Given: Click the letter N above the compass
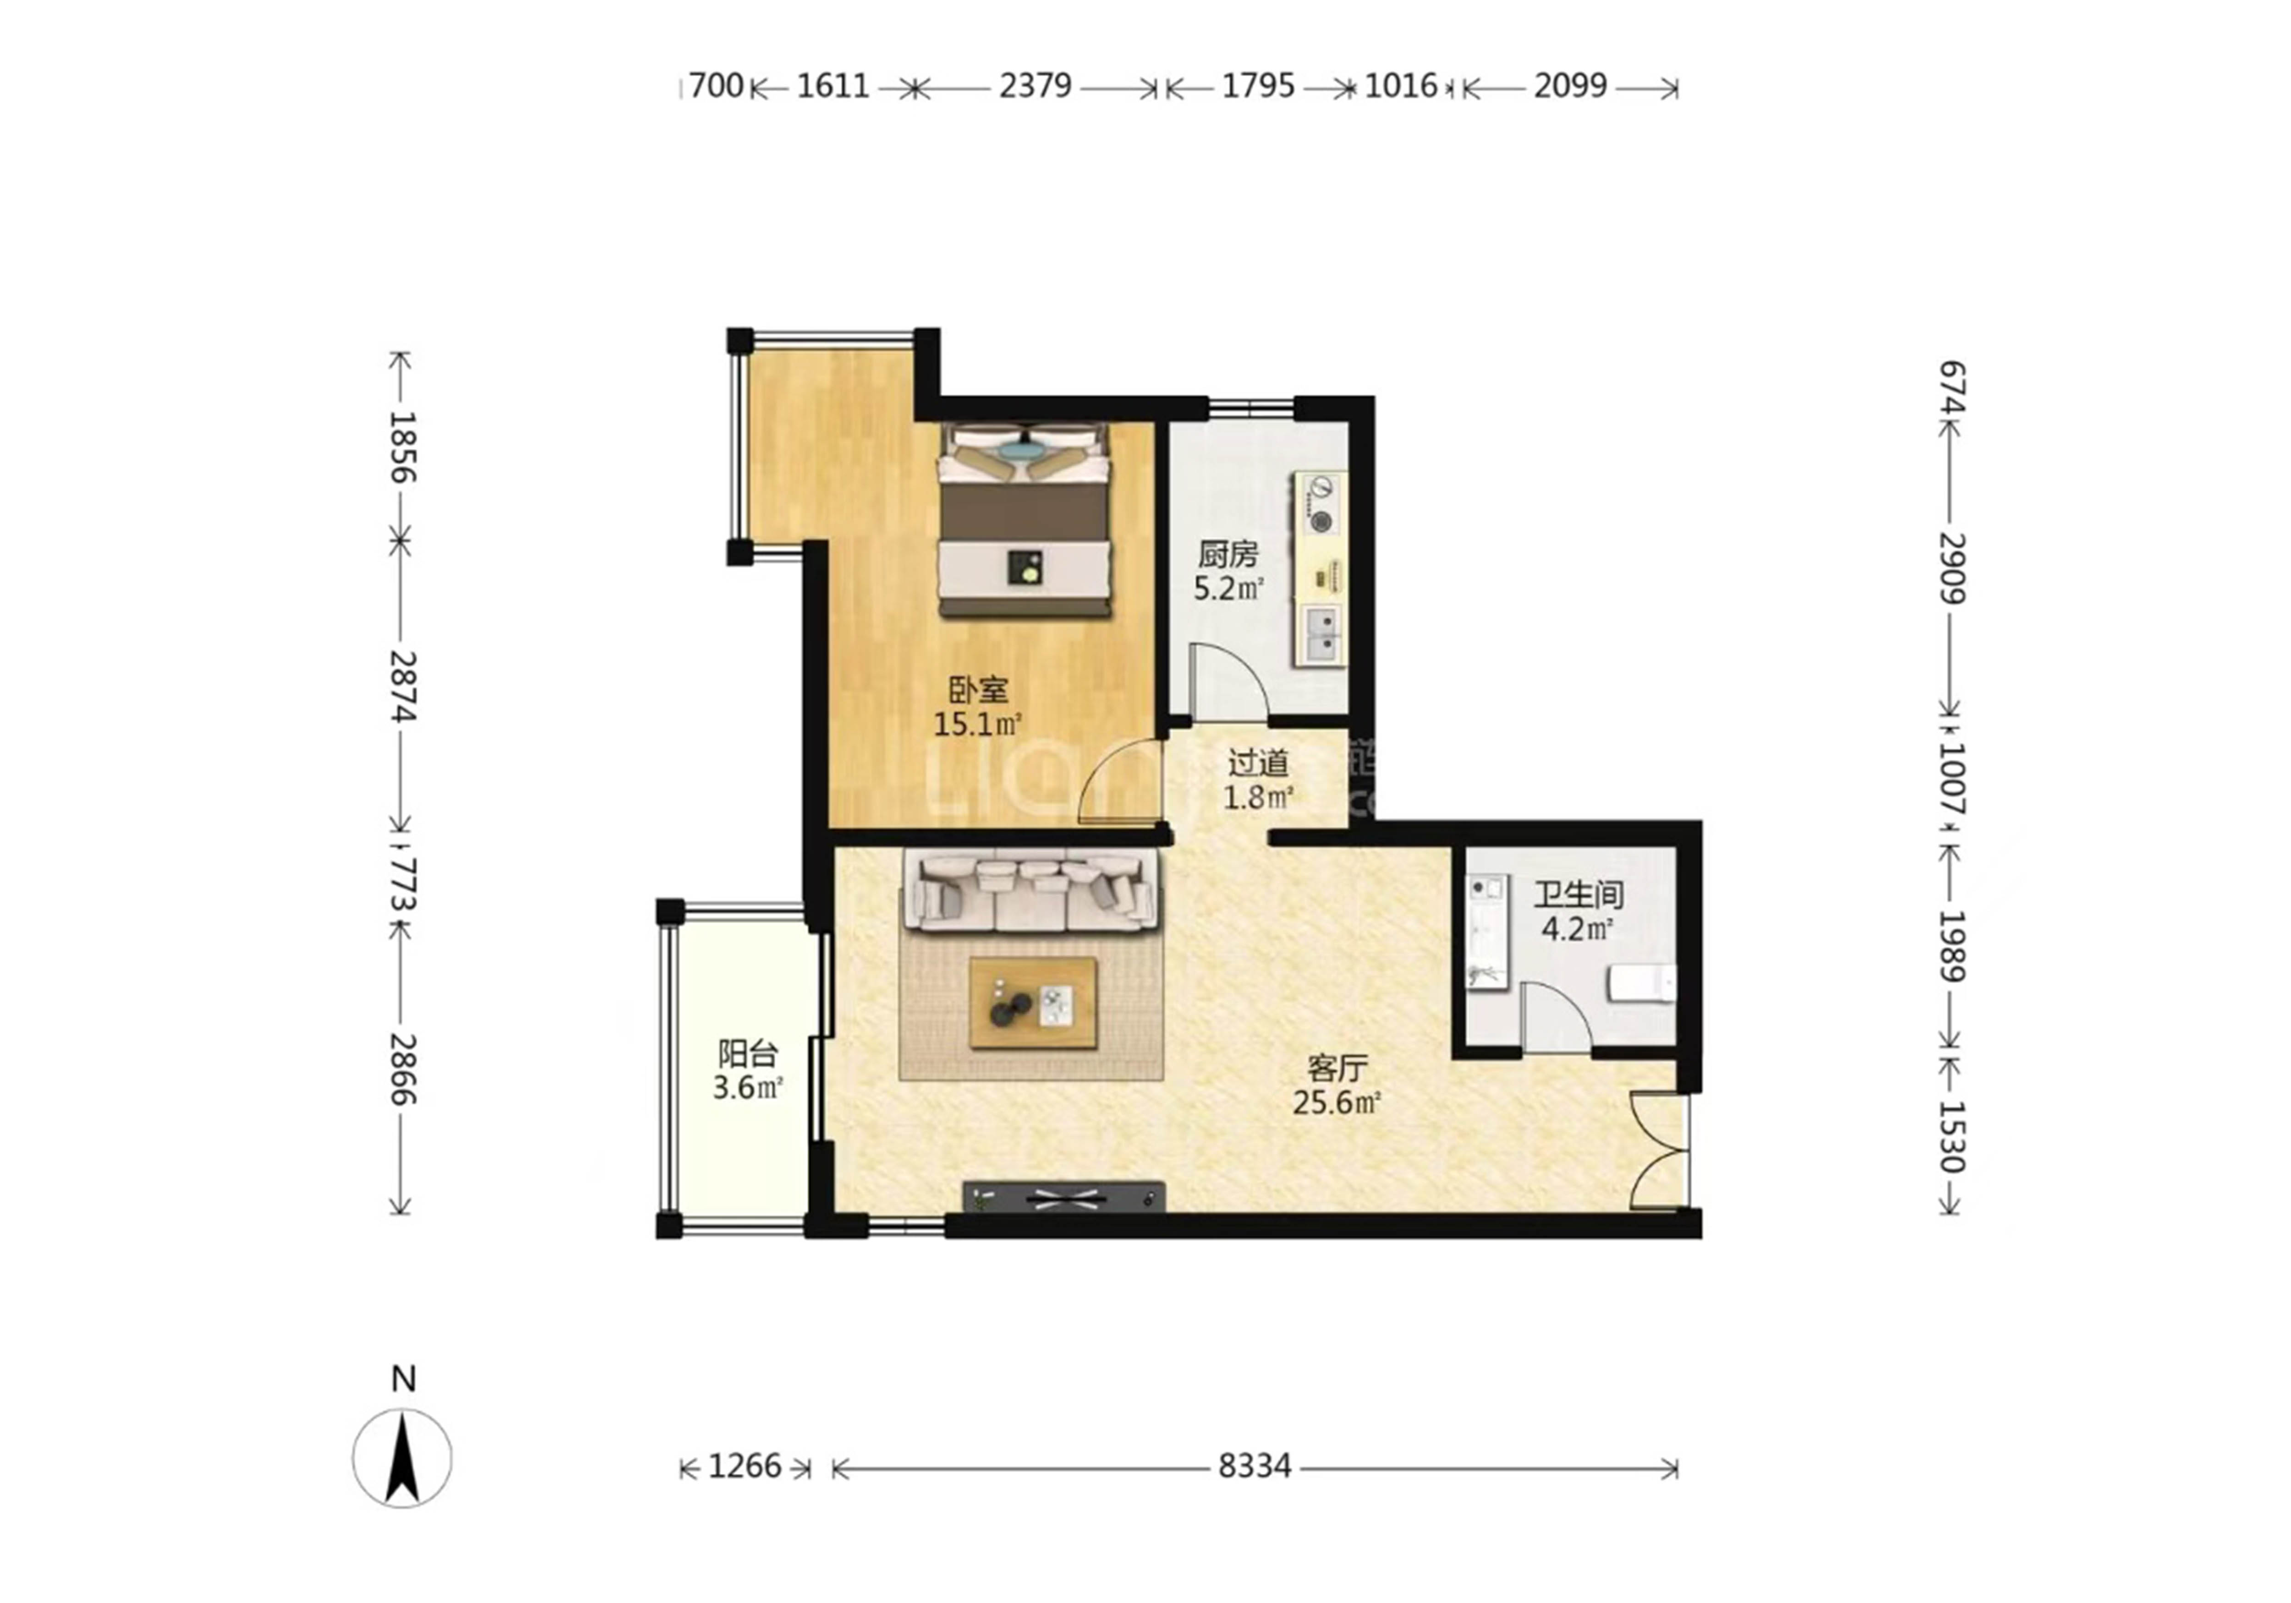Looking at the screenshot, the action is coord(403,1379).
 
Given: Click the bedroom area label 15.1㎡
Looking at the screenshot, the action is coord(978,723).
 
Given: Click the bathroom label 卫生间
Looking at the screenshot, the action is coord(1578,894).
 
